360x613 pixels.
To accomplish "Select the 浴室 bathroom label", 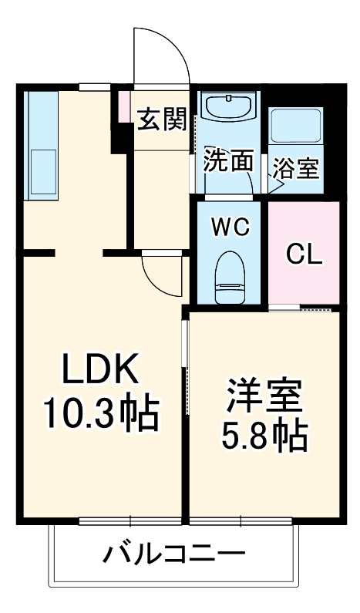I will click(x=297, y=168).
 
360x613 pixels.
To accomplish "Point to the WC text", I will click(x=230, y=227).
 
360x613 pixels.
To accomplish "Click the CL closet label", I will click(x=303, y=254).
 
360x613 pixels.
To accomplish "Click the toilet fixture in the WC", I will click(x=230, y=280).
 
